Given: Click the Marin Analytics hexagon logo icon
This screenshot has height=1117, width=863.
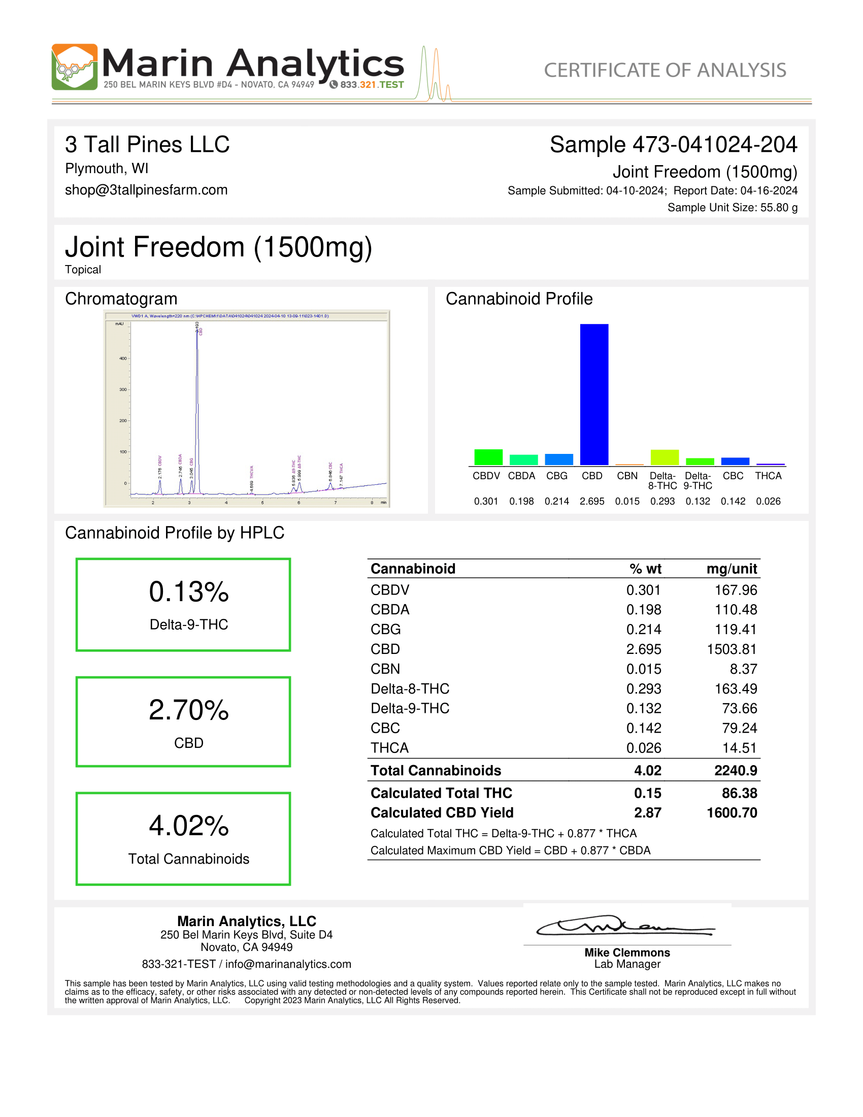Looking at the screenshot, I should pos(75,67).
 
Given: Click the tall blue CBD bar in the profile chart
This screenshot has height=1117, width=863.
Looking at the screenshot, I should pos(593,395).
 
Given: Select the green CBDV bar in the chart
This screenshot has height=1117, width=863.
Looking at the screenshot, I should pos(488,457).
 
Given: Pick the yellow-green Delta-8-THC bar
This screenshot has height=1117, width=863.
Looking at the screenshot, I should pos(664,457).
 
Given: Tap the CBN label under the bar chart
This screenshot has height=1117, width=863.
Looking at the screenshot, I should pos(627,476).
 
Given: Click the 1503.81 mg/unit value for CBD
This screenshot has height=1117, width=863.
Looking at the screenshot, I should pos(731,649).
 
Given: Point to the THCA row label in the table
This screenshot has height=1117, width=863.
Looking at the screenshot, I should pos(389,748).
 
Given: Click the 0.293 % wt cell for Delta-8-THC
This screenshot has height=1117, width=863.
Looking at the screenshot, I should pos(643,688).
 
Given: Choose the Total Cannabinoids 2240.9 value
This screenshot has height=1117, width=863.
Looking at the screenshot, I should pos(735,770).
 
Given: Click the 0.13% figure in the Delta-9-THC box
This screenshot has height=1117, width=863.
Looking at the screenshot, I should pos(189,592).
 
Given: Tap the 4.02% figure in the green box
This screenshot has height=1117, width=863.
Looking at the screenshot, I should pos(189,826).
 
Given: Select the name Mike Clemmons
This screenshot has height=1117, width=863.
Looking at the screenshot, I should pos(627,952).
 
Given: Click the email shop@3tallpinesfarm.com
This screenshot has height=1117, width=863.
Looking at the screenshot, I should pos(146,190).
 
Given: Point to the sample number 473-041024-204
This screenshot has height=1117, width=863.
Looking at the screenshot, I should pos(714,144).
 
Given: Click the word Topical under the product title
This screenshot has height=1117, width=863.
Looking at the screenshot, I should pos(83,270).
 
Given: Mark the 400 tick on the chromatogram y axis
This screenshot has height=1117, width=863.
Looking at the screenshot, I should pos(123,358).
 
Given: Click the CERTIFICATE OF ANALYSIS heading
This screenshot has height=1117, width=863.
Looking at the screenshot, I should pos(665,70).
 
